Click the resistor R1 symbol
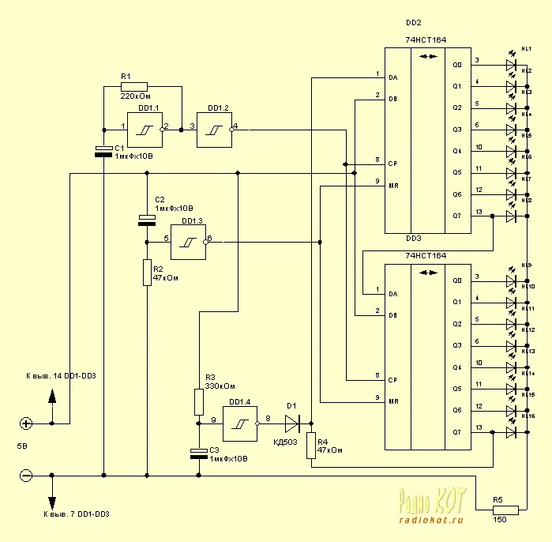[134, 86]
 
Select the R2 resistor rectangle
[147, 273]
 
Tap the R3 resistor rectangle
[198, 402]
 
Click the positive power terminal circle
[26, 423]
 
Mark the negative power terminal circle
[26, 476]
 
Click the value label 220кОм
[136, 97]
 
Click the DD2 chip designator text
[413, 24]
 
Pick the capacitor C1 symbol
[103, 151]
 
